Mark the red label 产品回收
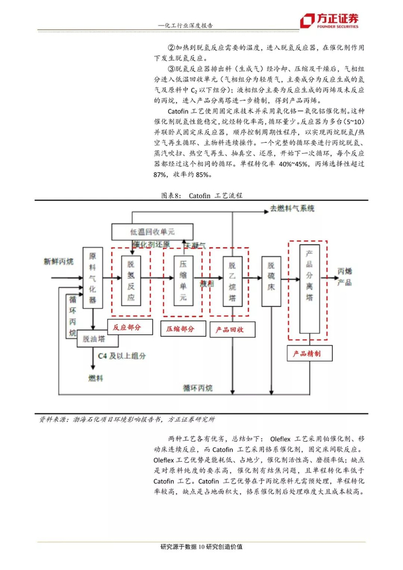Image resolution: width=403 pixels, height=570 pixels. click(230, 329)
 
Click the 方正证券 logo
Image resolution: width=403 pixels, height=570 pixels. click(329, 21)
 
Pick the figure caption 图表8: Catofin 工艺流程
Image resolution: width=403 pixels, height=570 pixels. click(201, 196)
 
